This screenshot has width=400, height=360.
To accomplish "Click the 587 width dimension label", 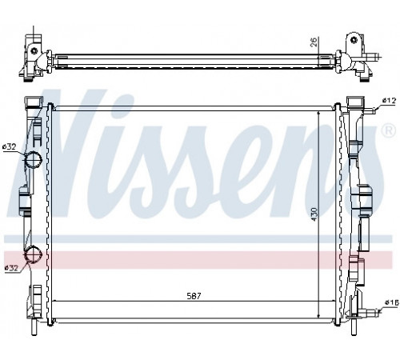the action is [194, 296].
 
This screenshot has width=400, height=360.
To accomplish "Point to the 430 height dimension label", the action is [314, 214].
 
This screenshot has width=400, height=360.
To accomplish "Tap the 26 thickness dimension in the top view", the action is [314, 42].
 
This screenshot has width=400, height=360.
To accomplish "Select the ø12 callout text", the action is [389, 101].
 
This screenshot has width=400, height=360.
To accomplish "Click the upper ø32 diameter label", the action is [10, 146].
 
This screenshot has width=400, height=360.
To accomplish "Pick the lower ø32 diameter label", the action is [11, 268].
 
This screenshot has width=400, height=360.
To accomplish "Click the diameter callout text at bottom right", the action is [391, 302].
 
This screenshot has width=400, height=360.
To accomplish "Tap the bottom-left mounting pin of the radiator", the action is [34, 327].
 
